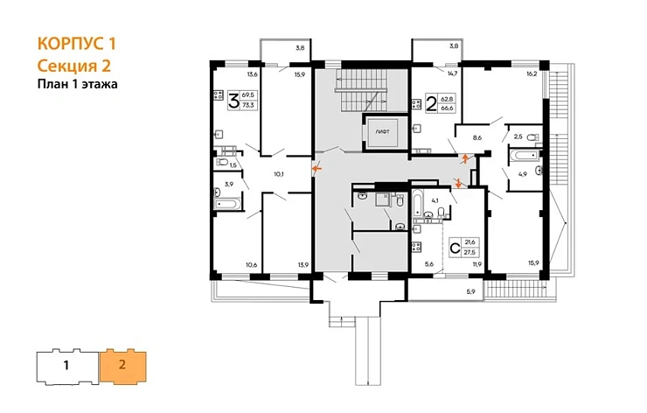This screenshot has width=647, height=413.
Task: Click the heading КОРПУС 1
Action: [77, 44]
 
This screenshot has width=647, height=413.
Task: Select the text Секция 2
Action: [75, 65]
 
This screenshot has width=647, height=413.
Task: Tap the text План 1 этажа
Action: [77, 84]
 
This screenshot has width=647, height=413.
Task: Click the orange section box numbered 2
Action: [122, 364]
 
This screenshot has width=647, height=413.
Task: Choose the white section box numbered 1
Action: [67, 364]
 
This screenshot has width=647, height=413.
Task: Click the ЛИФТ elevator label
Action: [383, 130]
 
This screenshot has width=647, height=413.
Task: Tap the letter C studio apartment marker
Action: [454, 248]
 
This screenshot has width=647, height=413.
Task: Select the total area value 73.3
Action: [248, 105]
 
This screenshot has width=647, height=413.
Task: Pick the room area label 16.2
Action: [531, 75]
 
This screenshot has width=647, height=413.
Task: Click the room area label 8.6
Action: [477, 137]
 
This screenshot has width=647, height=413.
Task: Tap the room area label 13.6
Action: [254, 62]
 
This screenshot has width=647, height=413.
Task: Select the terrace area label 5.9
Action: [470, 290]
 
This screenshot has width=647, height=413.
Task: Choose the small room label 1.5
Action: [233, 164]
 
